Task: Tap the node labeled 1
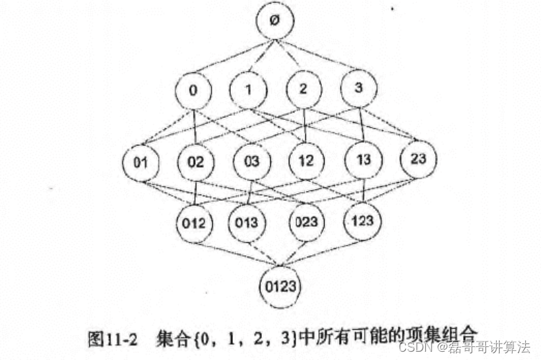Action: [248, 89]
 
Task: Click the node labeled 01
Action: [141, 162]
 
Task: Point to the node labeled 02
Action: [195, 163]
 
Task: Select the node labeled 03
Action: [251, 163]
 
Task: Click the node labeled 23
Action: [418, 159]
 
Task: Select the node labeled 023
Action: [306, 222]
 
